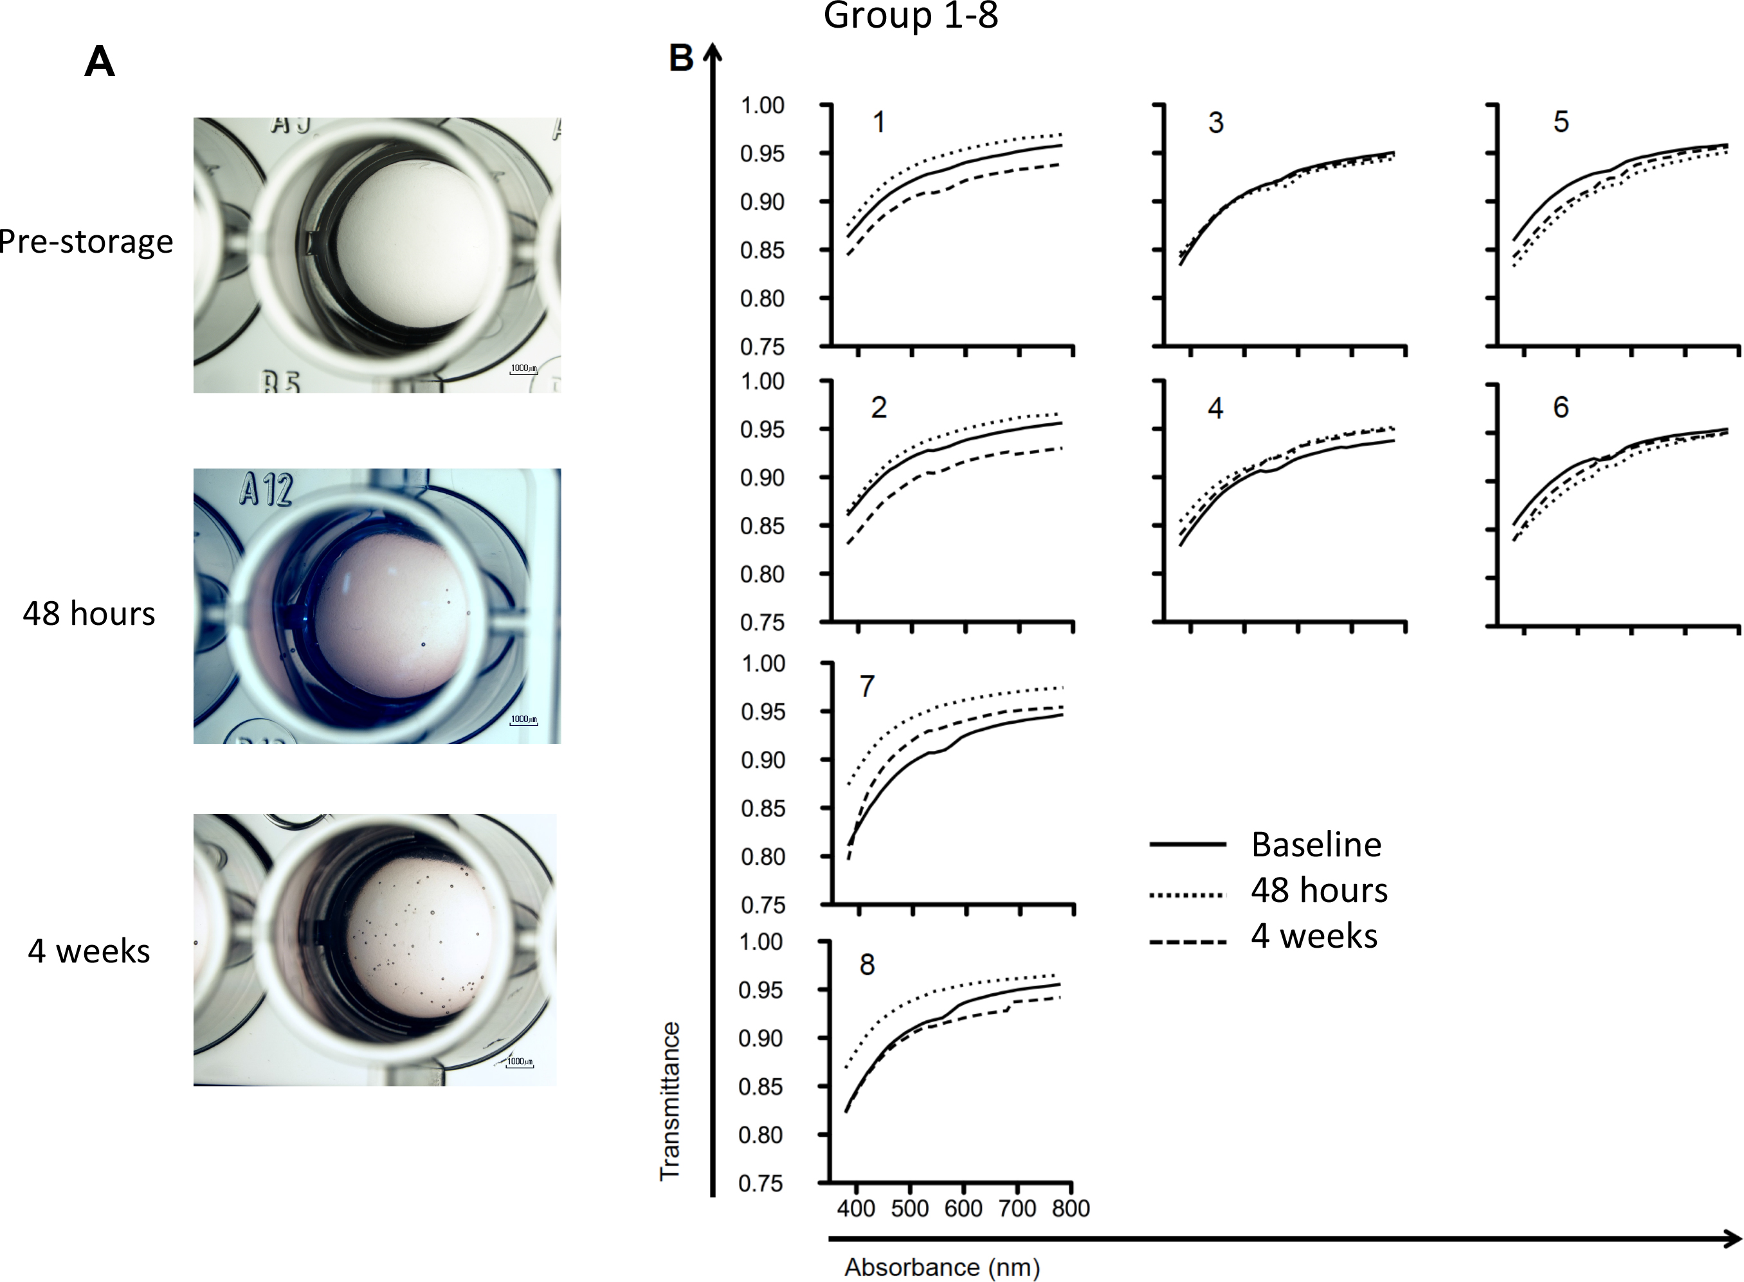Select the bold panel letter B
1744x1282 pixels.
point(680,59)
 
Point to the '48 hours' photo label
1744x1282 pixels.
point(89,614)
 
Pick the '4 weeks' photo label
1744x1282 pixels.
point(89,952)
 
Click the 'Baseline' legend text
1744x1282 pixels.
point(1316,844)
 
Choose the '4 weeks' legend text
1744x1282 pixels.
point(1314,937)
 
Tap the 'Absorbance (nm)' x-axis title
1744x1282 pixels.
point(941,1267)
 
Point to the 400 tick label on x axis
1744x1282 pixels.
point(856,1208)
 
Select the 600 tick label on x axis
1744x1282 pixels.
point(963,1208)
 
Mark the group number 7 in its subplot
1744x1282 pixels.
point(867,686)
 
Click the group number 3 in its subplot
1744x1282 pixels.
point(1215,123)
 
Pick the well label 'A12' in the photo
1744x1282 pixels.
point(266,491)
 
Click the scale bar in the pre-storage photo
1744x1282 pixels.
point(523,370)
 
